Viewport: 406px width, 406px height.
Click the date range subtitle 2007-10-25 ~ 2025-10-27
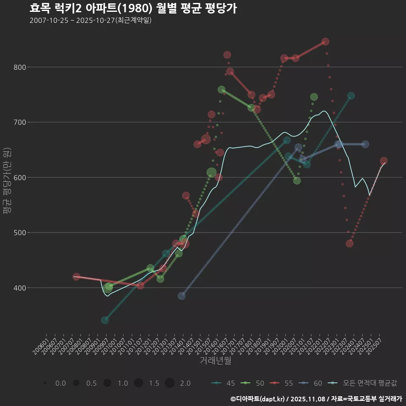click(91, 20)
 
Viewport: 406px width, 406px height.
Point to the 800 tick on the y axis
click(21, 67)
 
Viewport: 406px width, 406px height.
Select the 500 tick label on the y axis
click(21, 233)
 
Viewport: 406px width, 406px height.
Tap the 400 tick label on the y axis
click(21, 288)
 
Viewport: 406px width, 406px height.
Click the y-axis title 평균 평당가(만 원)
click(7, 182)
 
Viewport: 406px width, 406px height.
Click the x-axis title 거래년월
click(215, 361)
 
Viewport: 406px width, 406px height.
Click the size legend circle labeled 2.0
click(170, 383)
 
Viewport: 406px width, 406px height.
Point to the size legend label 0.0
click(60, 383)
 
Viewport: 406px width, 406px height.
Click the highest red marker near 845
click(325, 42)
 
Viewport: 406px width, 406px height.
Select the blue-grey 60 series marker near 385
click(181, 296)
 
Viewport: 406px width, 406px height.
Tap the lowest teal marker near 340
click(104, 320)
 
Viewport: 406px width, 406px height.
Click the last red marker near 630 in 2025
click(384, 161)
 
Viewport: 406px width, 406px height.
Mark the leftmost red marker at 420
click(76, 277)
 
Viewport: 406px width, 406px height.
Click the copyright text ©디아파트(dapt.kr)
click(258, 399)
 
